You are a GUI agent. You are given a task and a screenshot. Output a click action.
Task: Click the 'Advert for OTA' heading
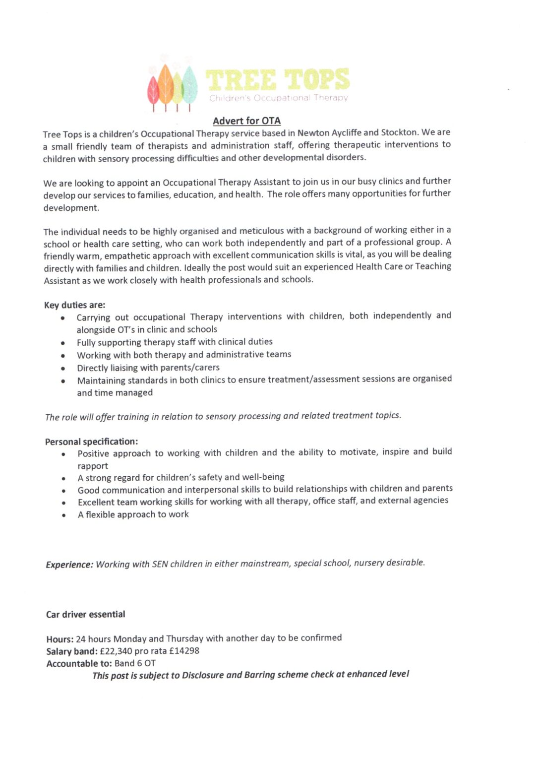point(246,121)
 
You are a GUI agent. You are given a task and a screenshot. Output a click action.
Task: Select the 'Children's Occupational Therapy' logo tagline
point(278,98)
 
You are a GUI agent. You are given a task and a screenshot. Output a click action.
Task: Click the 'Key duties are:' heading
point(74,305)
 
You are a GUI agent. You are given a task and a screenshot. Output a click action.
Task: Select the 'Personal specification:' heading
point(91,442)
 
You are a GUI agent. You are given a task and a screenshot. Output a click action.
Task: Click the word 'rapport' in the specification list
point(93,466)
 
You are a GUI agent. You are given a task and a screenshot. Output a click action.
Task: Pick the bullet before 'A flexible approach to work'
point(64,515)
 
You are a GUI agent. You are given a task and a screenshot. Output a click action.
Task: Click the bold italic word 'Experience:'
point(69,565)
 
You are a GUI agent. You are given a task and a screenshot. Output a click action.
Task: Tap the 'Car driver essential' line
point(85,614)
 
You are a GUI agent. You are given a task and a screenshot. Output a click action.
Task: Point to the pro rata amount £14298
point(184,650)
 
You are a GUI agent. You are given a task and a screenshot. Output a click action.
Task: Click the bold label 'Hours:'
point(60,639)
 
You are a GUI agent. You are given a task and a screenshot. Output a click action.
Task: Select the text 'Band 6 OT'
point(135,663)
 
